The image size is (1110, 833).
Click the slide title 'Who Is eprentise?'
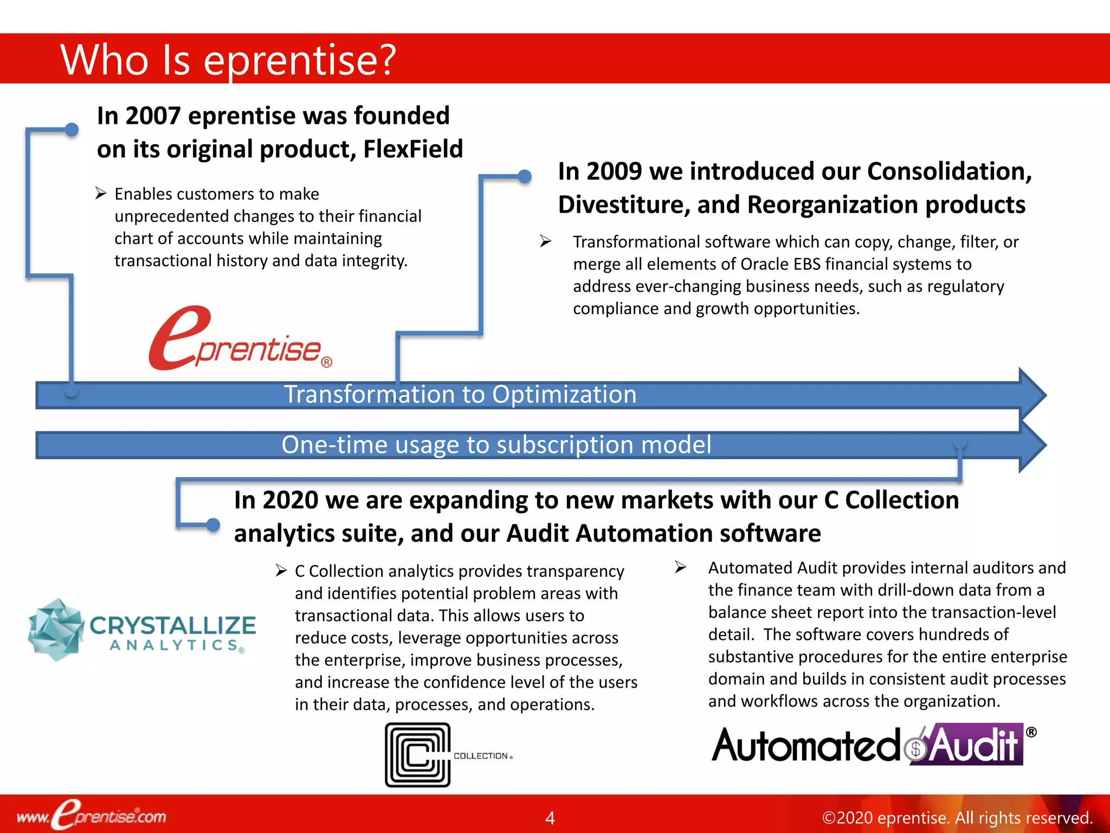(x=228, y=60)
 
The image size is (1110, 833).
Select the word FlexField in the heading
(x=413, y=149)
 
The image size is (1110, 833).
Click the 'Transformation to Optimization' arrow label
(x=460, y=394)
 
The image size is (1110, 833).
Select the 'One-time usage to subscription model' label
(x=496, y=445)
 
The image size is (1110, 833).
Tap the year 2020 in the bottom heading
(x=290, y=500)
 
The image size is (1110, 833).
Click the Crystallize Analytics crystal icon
(x=56, y=630)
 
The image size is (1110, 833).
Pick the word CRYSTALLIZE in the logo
(x=172, y=625)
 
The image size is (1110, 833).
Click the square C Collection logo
(x=417, y=754)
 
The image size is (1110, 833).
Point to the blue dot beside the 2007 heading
(x=72, y=129)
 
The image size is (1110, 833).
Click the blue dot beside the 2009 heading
(x=524, y=176)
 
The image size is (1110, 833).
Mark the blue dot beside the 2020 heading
(x=213, y=524)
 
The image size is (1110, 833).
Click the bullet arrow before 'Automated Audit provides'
(x=681, y=567)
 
